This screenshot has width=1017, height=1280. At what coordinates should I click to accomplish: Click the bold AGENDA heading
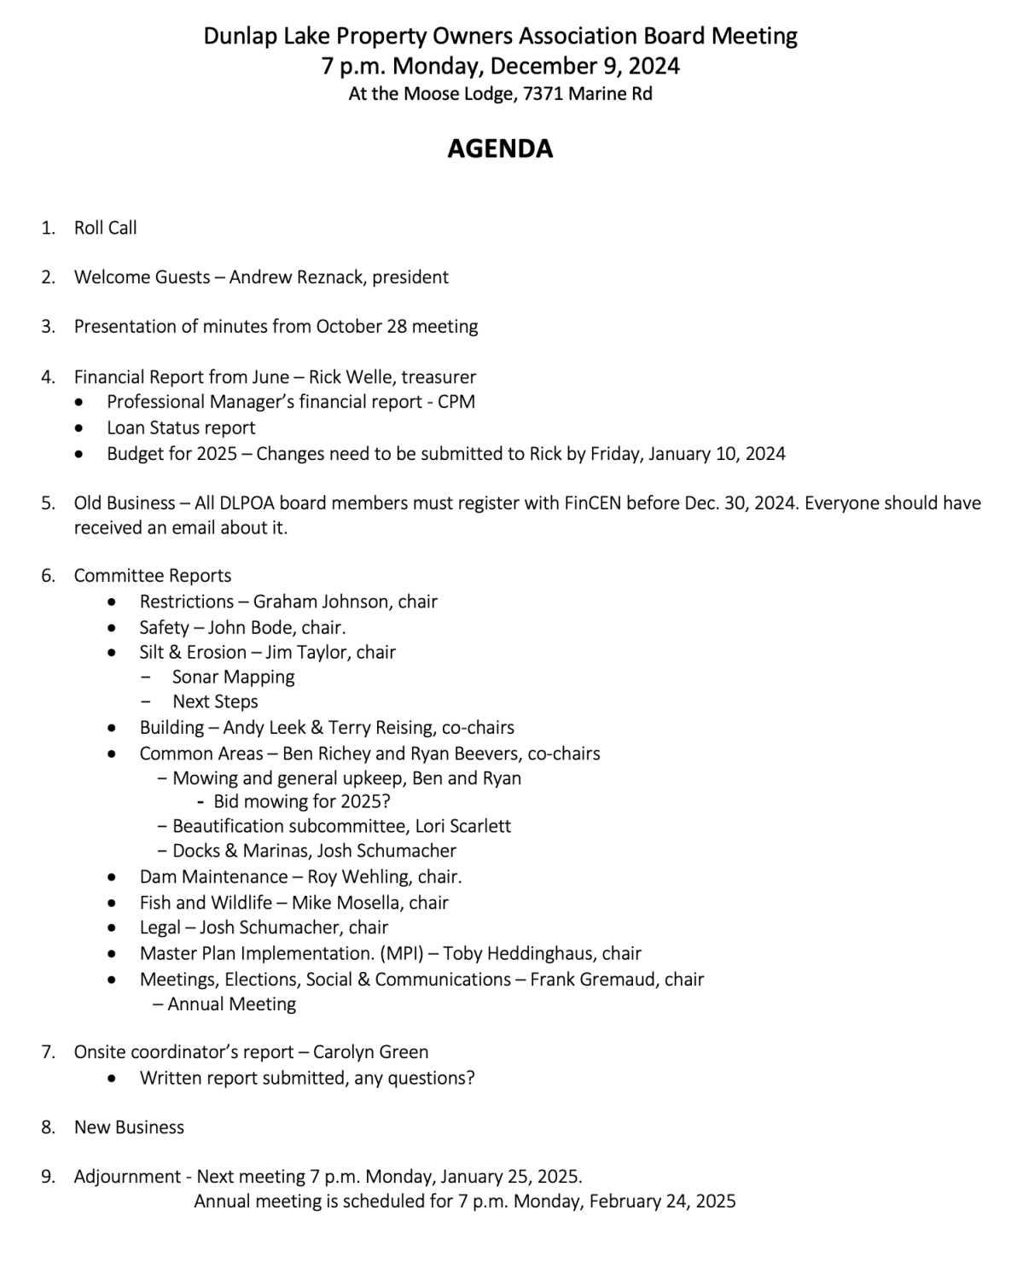click(500, 148)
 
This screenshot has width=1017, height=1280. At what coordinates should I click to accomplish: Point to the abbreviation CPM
click(456, 402)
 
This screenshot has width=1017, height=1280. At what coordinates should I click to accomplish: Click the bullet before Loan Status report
click(79, 428)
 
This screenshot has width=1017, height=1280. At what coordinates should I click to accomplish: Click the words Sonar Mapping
click(233, 677)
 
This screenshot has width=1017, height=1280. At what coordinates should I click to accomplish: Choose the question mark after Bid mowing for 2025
click(386, 801)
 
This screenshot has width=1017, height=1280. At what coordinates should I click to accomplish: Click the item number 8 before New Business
click(48, 1127)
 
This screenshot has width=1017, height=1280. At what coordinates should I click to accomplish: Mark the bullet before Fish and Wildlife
click(113, 903)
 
